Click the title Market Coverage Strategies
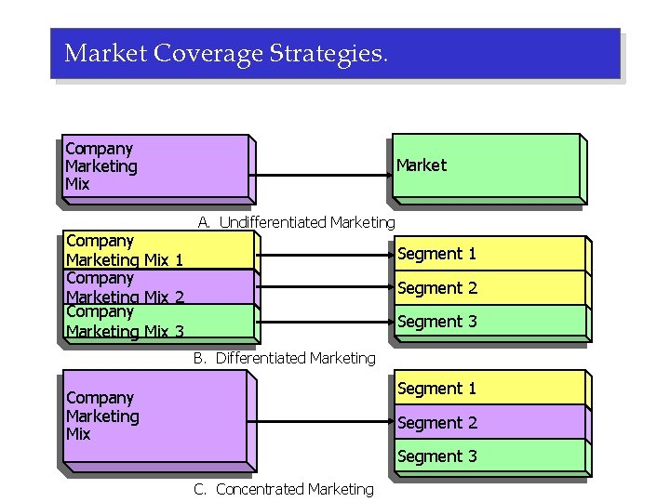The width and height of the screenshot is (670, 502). [x=224, y=53]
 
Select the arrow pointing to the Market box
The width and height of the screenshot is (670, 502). [x=321, y=175]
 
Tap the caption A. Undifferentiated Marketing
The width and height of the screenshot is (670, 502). [x=296, y=222]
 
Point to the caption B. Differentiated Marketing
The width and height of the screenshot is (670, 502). [x=284, y=358]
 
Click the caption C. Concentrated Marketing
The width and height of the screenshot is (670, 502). [x=283, y=489]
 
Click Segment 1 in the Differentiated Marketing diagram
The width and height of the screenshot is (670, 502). [x=488, y=253]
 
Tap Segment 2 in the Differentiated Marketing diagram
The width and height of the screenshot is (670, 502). [x=488, y=287]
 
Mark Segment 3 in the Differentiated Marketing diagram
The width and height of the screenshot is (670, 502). [x=488, y=322]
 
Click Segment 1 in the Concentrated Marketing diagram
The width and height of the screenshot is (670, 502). [x=488, y=388]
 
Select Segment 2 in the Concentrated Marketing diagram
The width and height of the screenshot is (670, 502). [x=488, y=422]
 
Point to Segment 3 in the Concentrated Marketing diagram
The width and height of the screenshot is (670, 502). [x=488, y=456]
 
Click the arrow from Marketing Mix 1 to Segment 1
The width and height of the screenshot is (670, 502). [x=324, y=251]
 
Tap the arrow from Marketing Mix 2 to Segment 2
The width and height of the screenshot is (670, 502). [x=324, y=286]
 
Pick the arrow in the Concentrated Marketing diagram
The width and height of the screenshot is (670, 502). [x=321, y=423]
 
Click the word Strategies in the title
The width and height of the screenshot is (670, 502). [x=327, y=53]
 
